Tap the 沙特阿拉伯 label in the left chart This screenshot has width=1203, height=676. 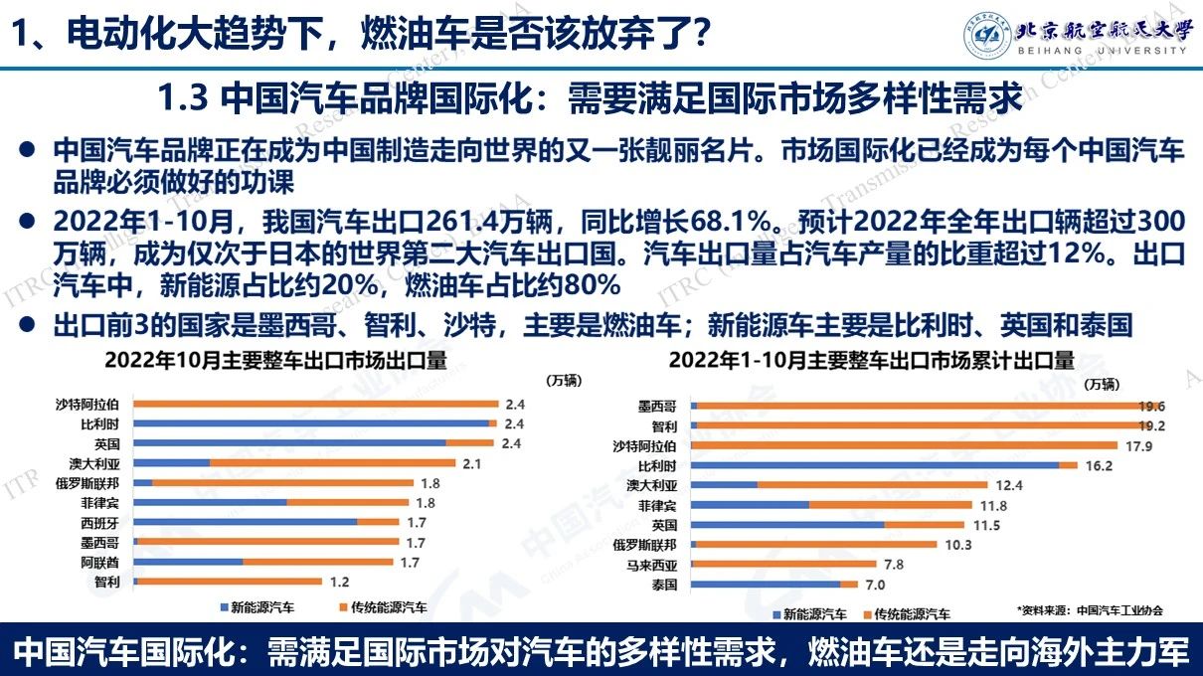[87, 404]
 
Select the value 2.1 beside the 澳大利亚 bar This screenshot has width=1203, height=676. [472, 463]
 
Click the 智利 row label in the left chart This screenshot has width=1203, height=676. [107, 582]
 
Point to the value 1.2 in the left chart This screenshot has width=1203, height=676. [338, 582]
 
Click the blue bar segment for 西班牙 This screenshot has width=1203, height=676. [245, 522]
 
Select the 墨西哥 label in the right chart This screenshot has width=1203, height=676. [657, 406]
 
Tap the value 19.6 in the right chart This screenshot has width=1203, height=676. [1153, 406]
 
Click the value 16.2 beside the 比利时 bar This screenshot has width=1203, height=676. [1098, 465]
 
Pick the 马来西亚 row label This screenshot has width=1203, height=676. [650, 565]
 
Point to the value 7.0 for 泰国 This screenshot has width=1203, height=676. [875, 585]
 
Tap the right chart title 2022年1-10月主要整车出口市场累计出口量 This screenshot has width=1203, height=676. [872, 360]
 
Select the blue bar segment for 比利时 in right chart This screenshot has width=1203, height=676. [875, 465]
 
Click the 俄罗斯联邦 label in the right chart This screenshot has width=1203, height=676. [644, 545]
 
